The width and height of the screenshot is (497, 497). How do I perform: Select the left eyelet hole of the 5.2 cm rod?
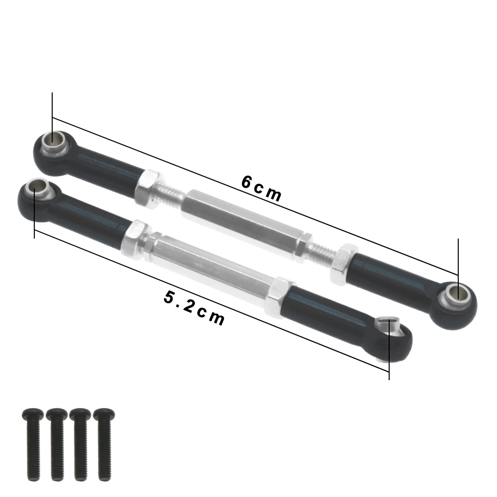[36, 188]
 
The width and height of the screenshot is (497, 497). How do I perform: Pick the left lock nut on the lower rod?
[135, 235]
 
